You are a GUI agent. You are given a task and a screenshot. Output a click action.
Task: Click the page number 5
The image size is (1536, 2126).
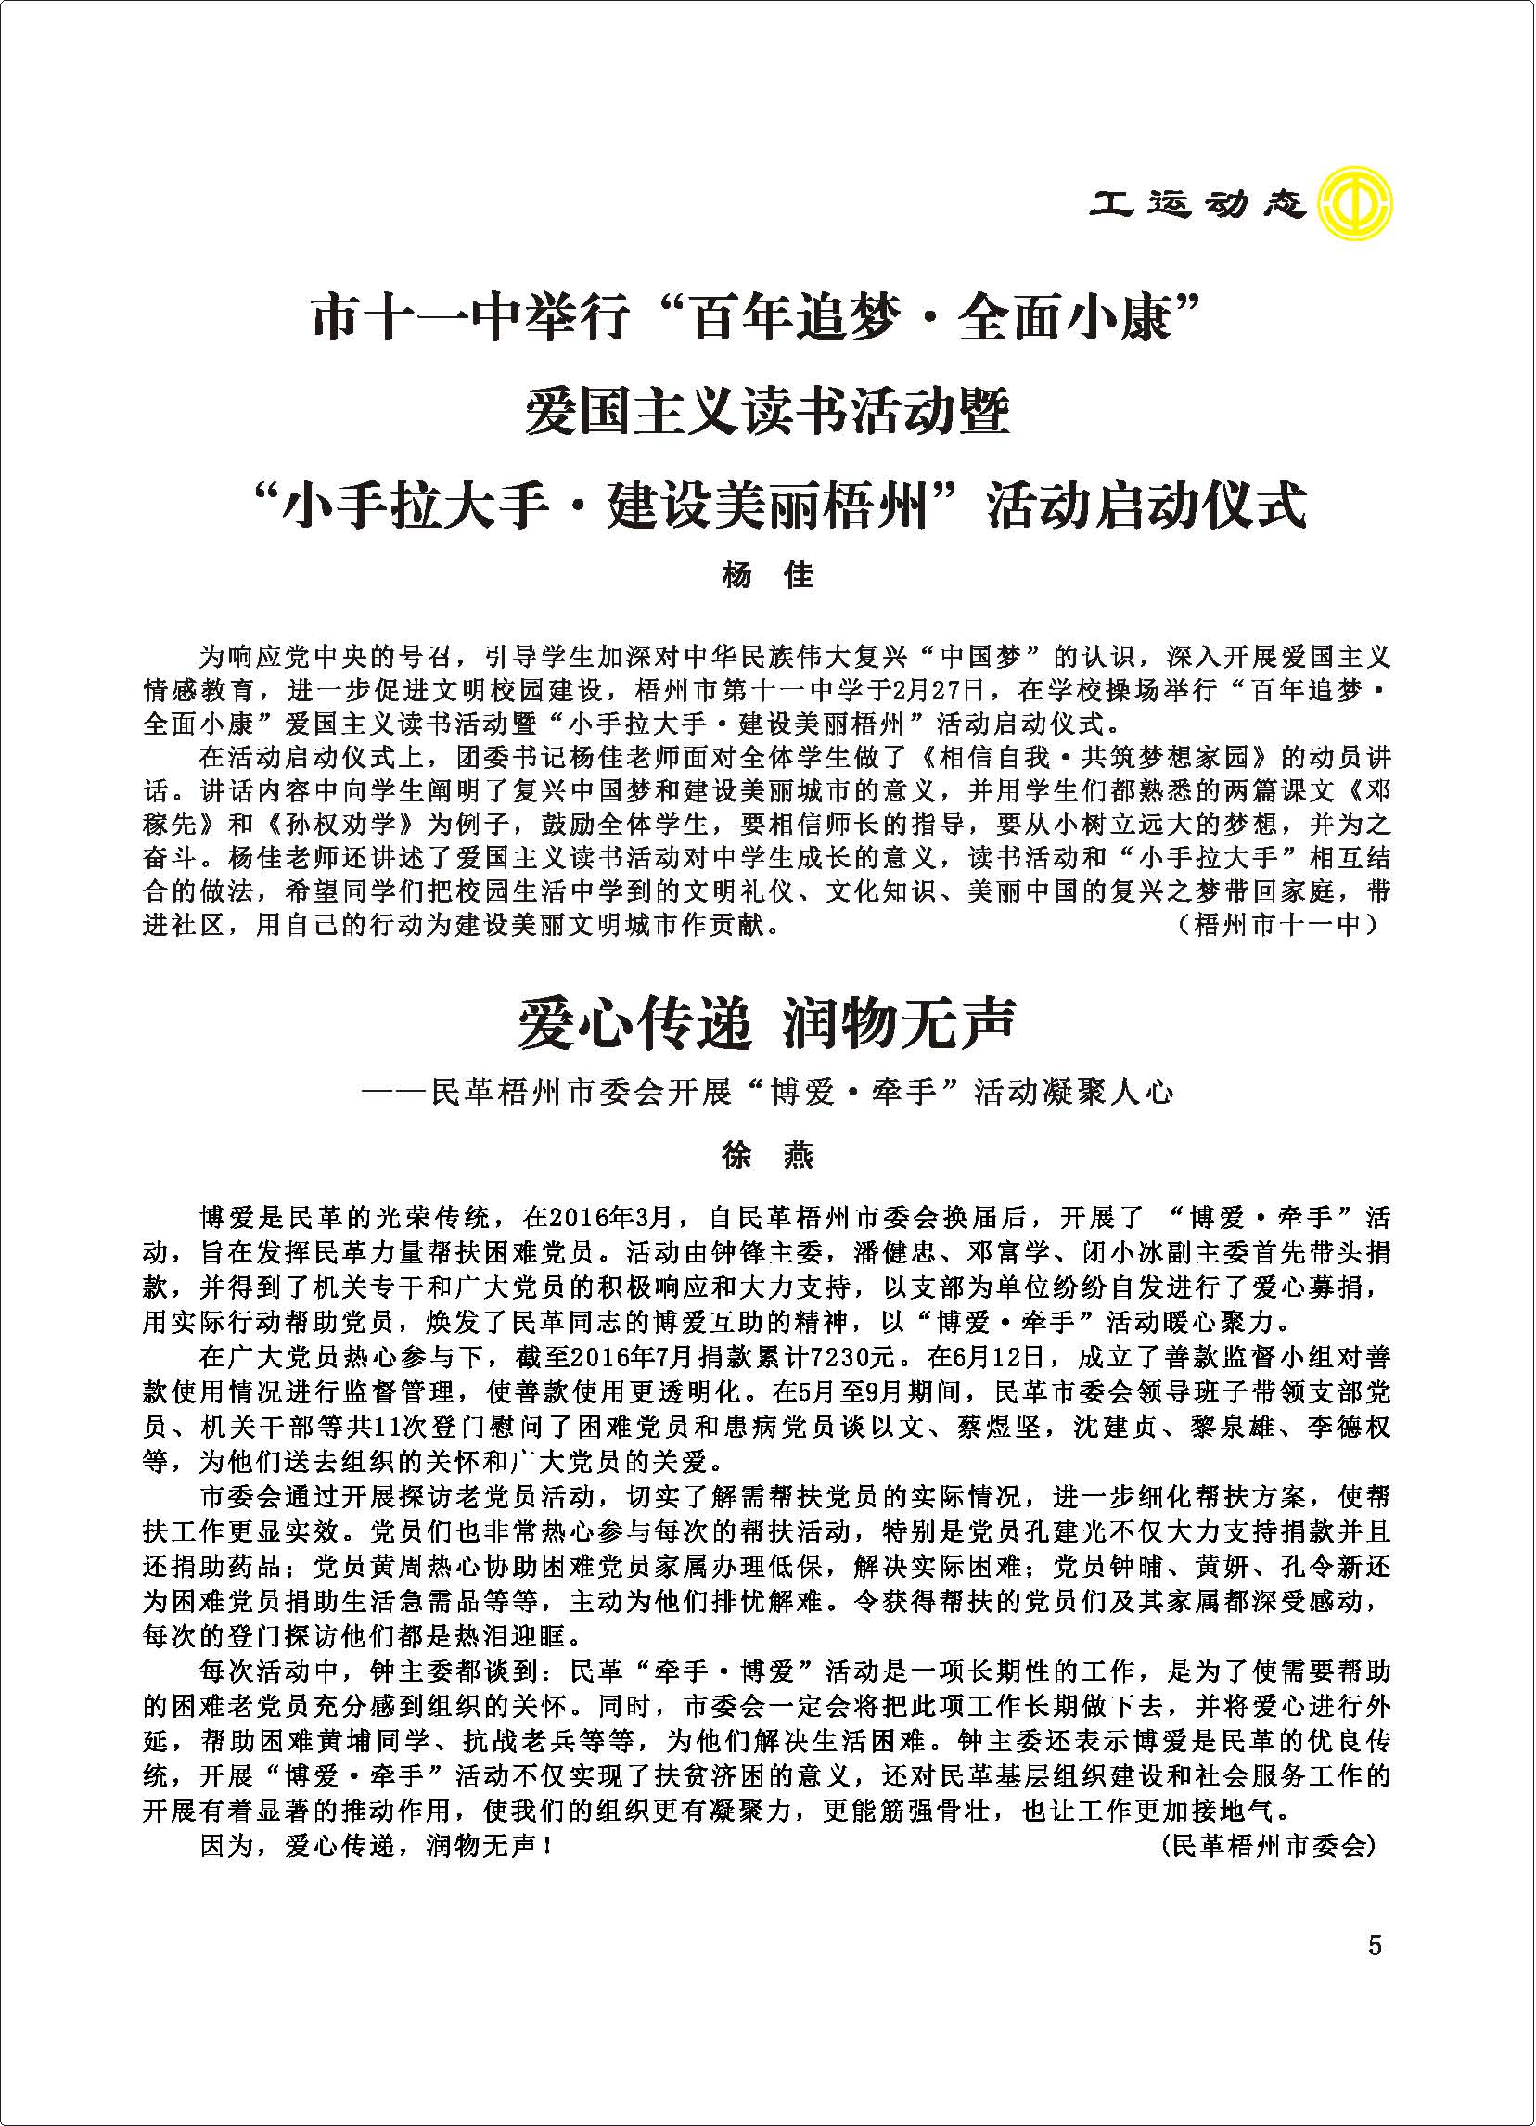pyautogui.click(x=1374, y=1945)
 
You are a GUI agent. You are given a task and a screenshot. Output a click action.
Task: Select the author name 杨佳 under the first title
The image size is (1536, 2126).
pyautogui.click(x=767, y=574)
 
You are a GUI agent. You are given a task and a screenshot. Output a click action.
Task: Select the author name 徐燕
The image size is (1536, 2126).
pyautogui.click(x=767, y=1156)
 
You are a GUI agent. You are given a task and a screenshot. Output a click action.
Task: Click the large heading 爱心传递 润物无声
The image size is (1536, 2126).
pyautogui.click(x=767, y=1025)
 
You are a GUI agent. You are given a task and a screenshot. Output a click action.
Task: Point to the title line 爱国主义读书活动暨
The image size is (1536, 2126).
pyautogui.click(x=767, y=413)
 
